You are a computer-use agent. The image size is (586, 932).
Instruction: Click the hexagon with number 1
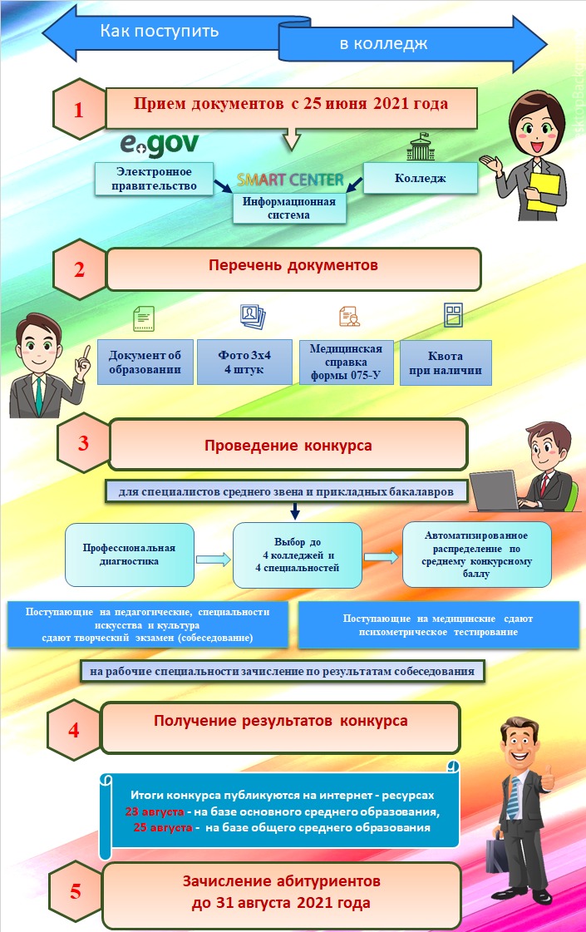pos(78,109)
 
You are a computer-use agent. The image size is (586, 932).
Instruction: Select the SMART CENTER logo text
pos(289,180)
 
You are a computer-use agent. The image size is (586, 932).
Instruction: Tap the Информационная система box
pos(288,208)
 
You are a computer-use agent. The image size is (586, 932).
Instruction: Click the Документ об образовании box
pos(145,362)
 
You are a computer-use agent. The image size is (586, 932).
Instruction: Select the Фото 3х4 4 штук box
pos(244,362)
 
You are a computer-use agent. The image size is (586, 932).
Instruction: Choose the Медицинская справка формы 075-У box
pos(345,362)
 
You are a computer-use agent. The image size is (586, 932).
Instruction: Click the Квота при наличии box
pos(446,362)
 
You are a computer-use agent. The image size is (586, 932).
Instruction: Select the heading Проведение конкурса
pos(288,445)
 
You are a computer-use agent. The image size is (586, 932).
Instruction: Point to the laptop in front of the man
pos(505,492)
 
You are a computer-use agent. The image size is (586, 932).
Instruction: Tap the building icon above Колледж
pos(420,147)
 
